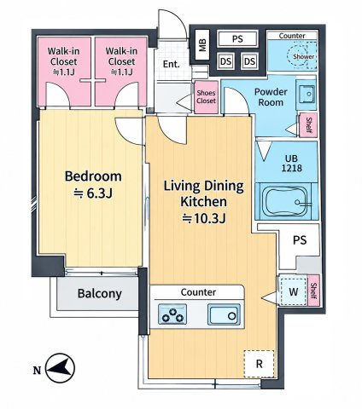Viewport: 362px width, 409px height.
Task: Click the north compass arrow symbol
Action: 60,368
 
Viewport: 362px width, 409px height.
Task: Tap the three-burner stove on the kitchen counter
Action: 172,314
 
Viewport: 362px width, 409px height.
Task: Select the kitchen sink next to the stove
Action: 224,314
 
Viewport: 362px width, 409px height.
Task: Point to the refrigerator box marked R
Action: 259,364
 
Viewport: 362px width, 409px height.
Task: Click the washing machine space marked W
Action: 294,291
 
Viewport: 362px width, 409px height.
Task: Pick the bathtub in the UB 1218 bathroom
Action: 286,201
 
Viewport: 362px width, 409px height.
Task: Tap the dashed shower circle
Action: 302,56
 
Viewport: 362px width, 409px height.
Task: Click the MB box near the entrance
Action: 202,44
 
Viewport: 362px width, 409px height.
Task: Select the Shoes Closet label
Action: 207,96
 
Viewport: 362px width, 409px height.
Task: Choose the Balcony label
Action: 100,293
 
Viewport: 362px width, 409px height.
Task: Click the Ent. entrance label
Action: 172,64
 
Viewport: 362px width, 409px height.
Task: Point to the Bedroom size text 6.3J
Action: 93,193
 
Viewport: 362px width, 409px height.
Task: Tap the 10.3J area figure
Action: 204,218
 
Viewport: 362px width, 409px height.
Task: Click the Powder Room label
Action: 271,97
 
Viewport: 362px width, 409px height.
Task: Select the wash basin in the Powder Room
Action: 306,92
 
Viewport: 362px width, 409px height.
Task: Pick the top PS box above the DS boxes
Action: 237,38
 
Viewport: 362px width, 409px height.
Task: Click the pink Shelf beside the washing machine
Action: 313,291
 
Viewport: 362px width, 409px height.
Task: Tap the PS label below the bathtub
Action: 300,240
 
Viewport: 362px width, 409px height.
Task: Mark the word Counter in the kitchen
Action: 198,292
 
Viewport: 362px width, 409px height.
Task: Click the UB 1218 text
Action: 292,163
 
